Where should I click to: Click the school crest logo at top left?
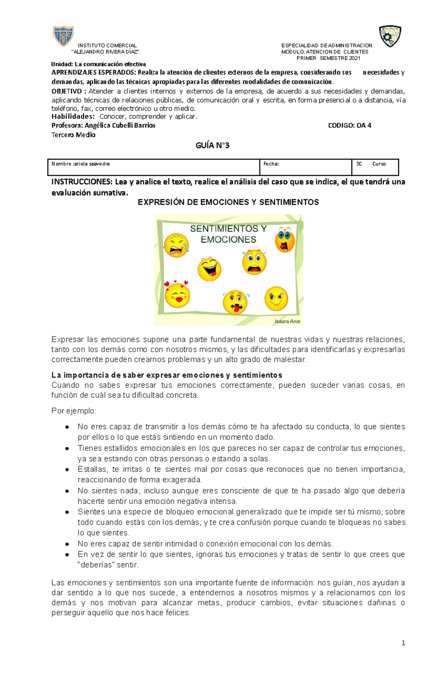63,36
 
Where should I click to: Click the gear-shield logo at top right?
390,36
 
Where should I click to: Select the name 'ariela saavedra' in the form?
92,164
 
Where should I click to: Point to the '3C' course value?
359,164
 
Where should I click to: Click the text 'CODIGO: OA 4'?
349,125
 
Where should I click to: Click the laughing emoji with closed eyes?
209,269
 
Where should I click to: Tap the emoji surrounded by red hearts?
177,295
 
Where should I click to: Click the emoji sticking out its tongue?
235,302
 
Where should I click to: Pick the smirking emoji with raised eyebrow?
276,298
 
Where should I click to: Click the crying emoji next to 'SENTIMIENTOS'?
177,245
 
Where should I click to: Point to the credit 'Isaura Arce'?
287,321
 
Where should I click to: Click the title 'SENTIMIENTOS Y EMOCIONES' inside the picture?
228,234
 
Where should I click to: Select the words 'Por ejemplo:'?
74,411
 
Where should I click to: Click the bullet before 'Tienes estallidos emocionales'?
67,449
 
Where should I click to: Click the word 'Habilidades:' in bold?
73,117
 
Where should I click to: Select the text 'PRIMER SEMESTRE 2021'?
328,58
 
